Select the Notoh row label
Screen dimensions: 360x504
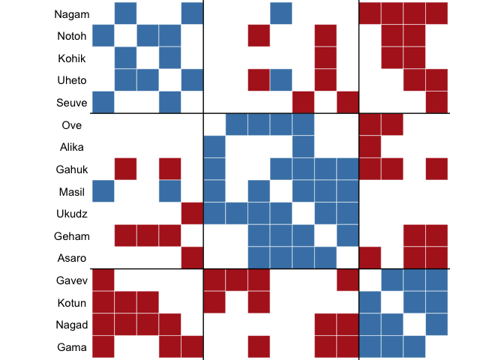(72, 36)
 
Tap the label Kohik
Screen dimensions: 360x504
(73, 58)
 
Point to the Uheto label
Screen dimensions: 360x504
(72, 79)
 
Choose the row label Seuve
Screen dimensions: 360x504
(71, 102)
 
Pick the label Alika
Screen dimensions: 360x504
(73, 147)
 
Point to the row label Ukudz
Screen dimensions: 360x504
(72, 214)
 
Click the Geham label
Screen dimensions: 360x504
(71, 236)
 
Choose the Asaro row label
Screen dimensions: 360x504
(73, 258)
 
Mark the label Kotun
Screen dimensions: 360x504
(73, 303)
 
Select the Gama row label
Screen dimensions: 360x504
(73, 347)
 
